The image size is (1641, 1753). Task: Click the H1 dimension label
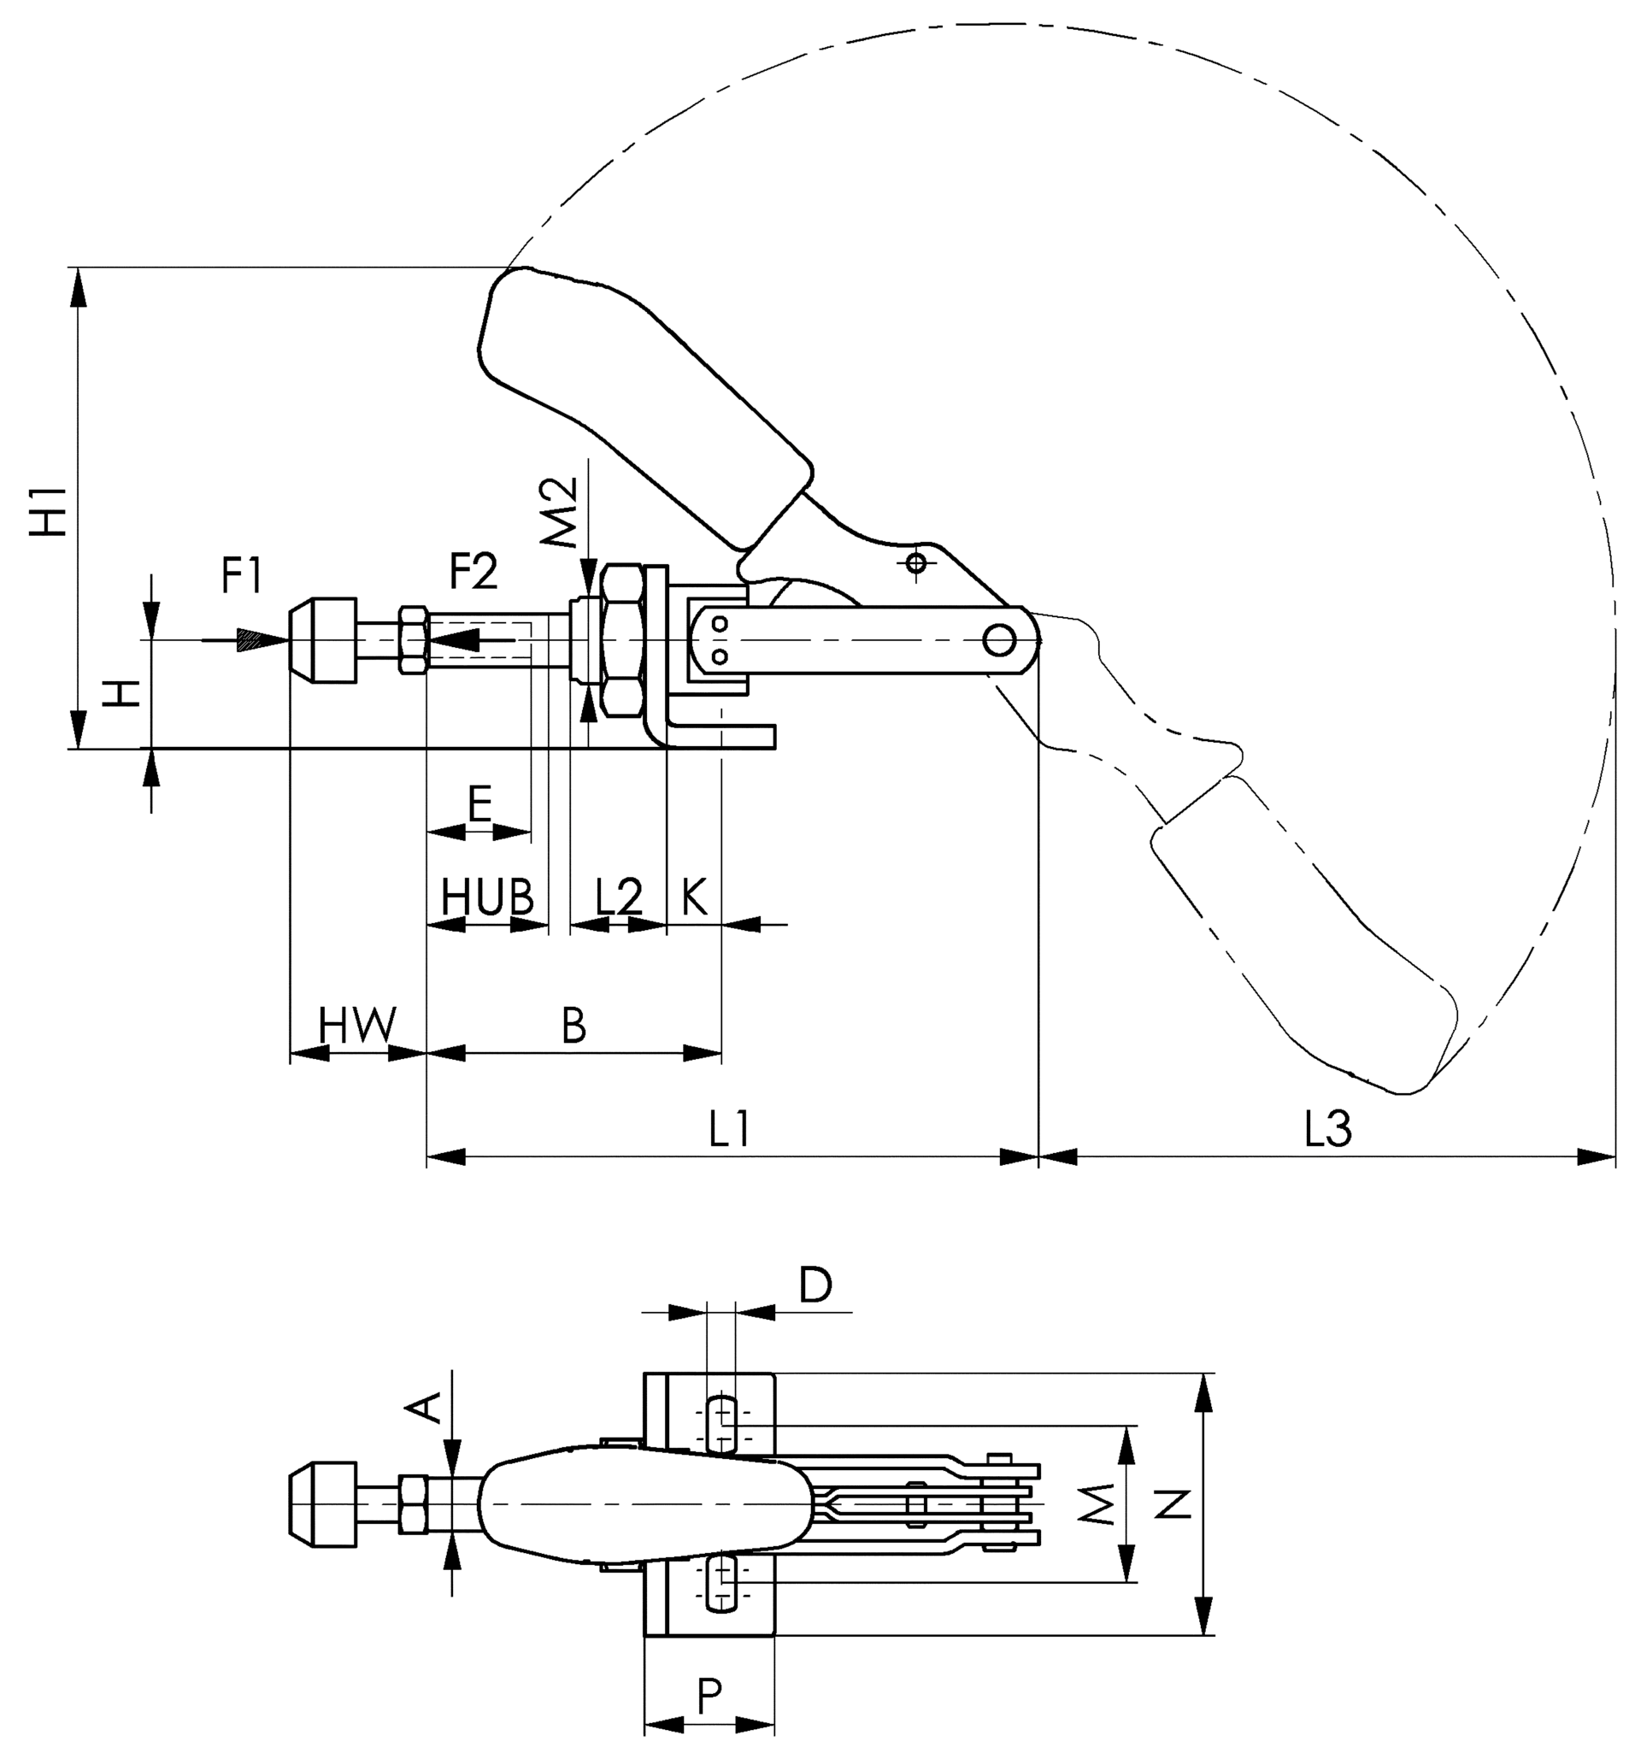pyautogui.click(x=50, y=509)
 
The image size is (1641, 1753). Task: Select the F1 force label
pyautogui.click(x=241, y=575)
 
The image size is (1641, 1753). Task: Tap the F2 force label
pyautogui.click(x=473, y=571)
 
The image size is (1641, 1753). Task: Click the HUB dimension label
pyautogui.click(x=487, y=897)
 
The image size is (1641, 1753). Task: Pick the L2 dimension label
pyautogui.click(x=618, y=897)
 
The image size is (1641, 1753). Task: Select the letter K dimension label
pyautogui.click(x=694, y=897)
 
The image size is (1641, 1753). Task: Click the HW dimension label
pyautogui.click(x=357, y=1026)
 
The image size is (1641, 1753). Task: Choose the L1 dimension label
pyautogui.click(x=729, y=1129)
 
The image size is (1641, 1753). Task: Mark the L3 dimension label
pyautogui.click(x=1327, y=1129)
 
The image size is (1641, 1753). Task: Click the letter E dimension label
pyautogui.click(x=479, y=804)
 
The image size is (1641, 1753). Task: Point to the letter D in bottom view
pyautogui.click(x=815, y=1285)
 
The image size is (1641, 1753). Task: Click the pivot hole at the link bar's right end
pyautogui.click(x=998, y=639)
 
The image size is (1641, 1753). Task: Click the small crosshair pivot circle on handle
pyautogui.click(x=916, y=562)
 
